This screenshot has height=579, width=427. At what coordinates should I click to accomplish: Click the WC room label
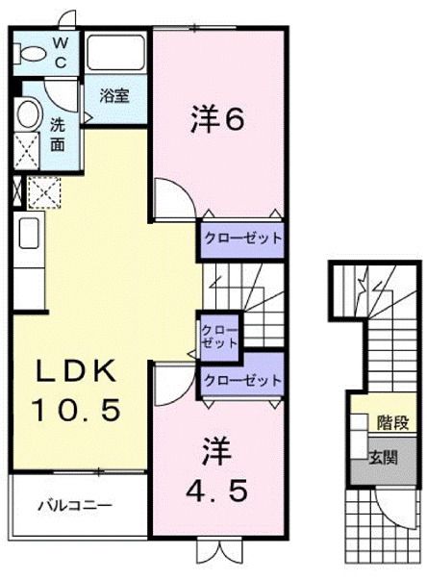pyautogui.click(x=59, y=54)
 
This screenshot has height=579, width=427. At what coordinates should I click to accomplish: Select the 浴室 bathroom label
pyautogui.click(x=114, y=95)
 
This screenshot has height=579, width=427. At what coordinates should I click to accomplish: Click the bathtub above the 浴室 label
pyautogui.click(x=114, y=54)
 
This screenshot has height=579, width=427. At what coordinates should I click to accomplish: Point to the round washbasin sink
pyautogui.click(x=28, y=113)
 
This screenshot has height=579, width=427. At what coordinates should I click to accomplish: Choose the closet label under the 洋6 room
pyautogui.click(x=241, y=238)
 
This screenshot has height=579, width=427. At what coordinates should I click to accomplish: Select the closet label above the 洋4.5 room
pyautogui.click(x=241, y=380)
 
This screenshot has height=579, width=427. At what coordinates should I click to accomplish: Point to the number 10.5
pyautogui.click(x=76, y=411)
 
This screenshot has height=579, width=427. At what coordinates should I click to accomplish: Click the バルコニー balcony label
pyautogui.click(x=76, y=504)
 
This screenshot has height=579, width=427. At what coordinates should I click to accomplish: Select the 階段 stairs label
pyautogui.click(x=389, y=420)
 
